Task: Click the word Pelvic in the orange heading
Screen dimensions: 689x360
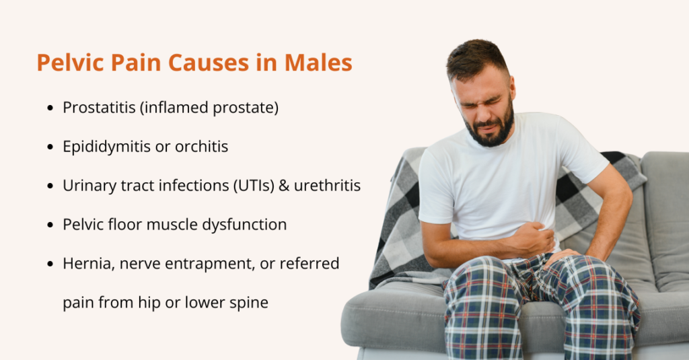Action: pos(70,63)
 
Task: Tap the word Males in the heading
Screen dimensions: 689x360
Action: pos(318,63)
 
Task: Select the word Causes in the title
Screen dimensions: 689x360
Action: pos(209,63)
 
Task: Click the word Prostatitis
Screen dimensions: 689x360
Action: pos(100,107)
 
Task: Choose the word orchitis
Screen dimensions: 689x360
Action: pos(201,147)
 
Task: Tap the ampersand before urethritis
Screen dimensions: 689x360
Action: pos(285,186)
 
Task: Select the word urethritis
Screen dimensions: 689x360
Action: pos(328,186)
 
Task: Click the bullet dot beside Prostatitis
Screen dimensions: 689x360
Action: pos(50,108)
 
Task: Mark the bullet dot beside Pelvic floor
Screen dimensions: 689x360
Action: pos(50,225)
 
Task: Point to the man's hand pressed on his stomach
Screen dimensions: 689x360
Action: pos(533,239)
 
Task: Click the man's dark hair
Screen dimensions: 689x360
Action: pos(477,57)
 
